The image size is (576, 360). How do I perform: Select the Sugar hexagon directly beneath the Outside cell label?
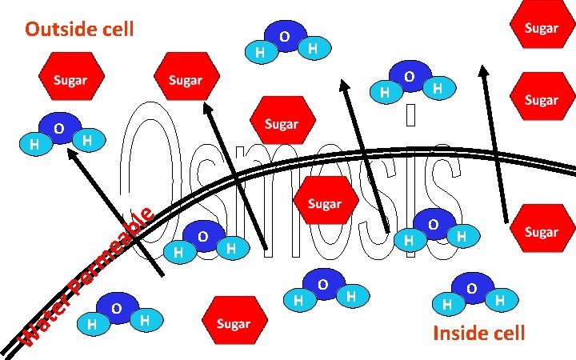pos(70,80)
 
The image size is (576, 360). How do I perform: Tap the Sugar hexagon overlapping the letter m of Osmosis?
pos(324,203)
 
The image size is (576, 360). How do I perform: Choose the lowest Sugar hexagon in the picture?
pos(233,323)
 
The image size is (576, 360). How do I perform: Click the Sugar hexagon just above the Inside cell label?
pos(540,231)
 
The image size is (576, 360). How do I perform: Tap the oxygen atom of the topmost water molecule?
pos(285,37)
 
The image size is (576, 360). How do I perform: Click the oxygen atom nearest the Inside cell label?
pos(472,287)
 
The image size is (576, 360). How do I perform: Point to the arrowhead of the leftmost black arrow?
pos(70,153)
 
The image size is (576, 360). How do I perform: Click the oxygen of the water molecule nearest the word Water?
pos(117,308)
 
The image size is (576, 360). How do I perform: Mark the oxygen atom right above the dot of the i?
pos(409,77)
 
